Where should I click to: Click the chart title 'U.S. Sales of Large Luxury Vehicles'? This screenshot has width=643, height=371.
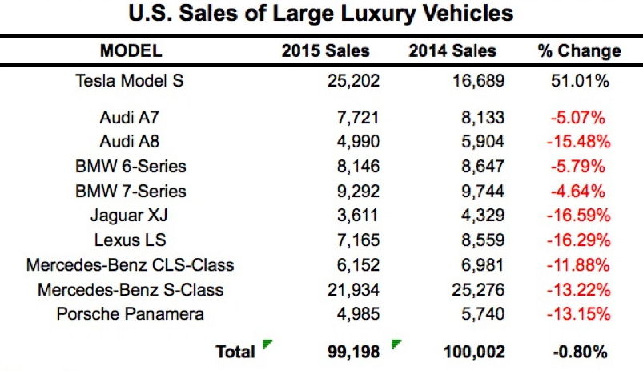click(320, 14)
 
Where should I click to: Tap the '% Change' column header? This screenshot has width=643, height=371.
click(579, 51)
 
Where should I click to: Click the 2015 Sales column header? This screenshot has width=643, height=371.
click(325, 51)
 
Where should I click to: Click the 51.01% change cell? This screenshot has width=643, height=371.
click(579, 80)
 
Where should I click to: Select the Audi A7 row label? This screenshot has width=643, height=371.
click(131, 118)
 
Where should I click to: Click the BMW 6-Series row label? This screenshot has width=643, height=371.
click(131, 167)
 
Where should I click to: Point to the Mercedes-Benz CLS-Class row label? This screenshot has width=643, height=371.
click(131, 264)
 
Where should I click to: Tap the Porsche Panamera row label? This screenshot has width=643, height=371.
click(131, 313)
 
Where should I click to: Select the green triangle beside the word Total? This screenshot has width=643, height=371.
click(267, 345)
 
